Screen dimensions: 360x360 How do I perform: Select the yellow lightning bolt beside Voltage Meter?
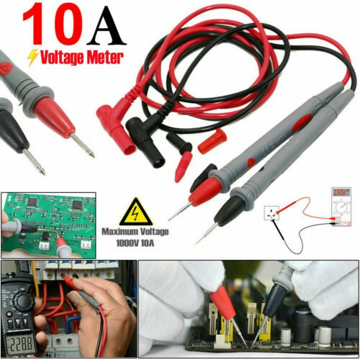click(32, 58)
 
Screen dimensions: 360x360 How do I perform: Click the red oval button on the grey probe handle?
click(302, 122)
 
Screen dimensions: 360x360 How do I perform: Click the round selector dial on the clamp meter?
click(22, 302)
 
